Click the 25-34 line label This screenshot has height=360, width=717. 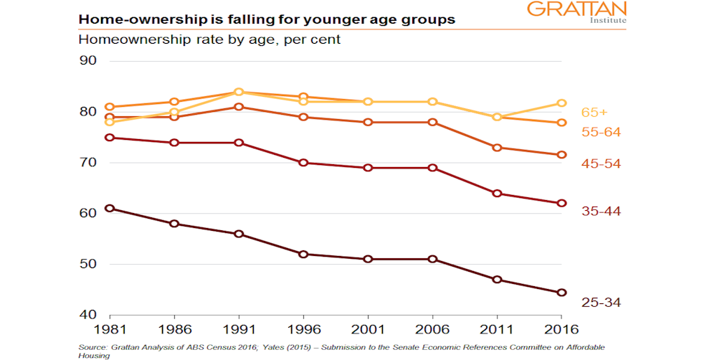(601, 303)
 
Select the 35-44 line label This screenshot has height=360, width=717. (601, 211)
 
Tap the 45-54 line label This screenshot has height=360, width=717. (601, 164)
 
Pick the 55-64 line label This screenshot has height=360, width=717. (601, 132)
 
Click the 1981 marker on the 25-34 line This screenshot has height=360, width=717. (110, 209)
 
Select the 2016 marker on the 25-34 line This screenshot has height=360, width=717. (562, 293)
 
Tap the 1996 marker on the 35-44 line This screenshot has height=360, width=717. (303, 163)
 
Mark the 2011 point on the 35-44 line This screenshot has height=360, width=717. (498, 194)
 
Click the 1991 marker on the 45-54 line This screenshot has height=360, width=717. (239, 107)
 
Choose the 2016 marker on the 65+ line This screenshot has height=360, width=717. (562, 103)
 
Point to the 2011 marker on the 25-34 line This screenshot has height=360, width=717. (498, 280)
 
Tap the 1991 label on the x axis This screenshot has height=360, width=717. (239, 330)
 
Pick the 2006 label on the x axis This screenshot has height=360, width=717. (432, 330)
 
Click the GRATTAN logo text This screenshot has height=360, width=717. (576, 9)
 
